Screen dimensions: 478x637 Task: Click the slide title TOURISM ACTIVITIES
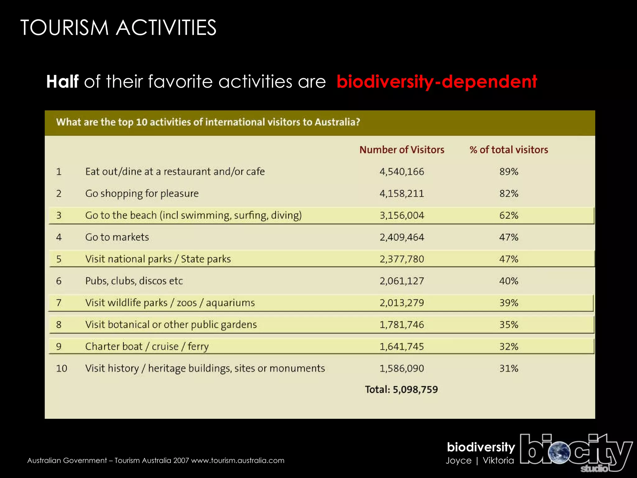118,28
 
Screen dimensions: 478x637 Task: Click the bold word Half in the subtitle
62,82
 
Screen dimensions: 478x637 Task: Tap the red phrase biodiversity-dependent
437,82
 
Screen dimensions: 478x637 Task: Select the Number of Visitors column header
402,150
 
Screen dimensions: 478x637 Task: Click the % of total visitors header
509,150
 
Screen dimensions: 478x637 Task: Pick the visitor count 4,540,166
402,171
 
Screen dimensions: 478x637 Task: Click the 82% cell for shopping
509,194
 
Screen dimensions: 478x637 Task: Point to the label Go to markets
117,237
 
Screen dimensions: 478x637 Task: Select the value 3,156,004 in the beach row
402,215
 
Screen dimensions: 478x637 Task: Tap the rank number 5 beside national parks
59,259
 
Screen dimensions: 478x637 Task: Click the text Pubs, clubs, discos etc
134,281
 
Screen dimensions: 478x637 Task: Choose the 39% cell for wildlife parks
509,303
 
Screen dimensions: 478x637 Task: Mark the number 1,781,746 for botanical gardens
402,325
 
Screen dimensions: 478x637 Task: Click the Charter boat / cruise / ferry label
147,346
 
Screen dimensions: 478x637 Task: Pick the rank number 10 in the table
61,368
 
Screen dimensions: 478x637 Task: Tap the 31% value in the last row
509,368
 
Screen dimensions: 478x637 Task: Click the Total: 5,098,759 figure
401,389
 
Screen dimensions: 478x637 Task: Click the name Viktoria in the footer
498,461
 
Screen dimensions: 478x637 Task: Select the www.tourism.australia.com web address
238,461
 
